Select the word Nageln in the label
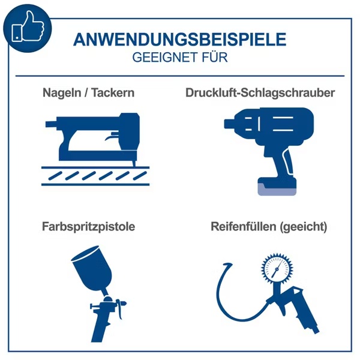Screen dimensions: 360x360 pos(59,94)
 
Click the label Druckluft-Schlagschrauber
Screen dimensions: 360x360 pos(260,94)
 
